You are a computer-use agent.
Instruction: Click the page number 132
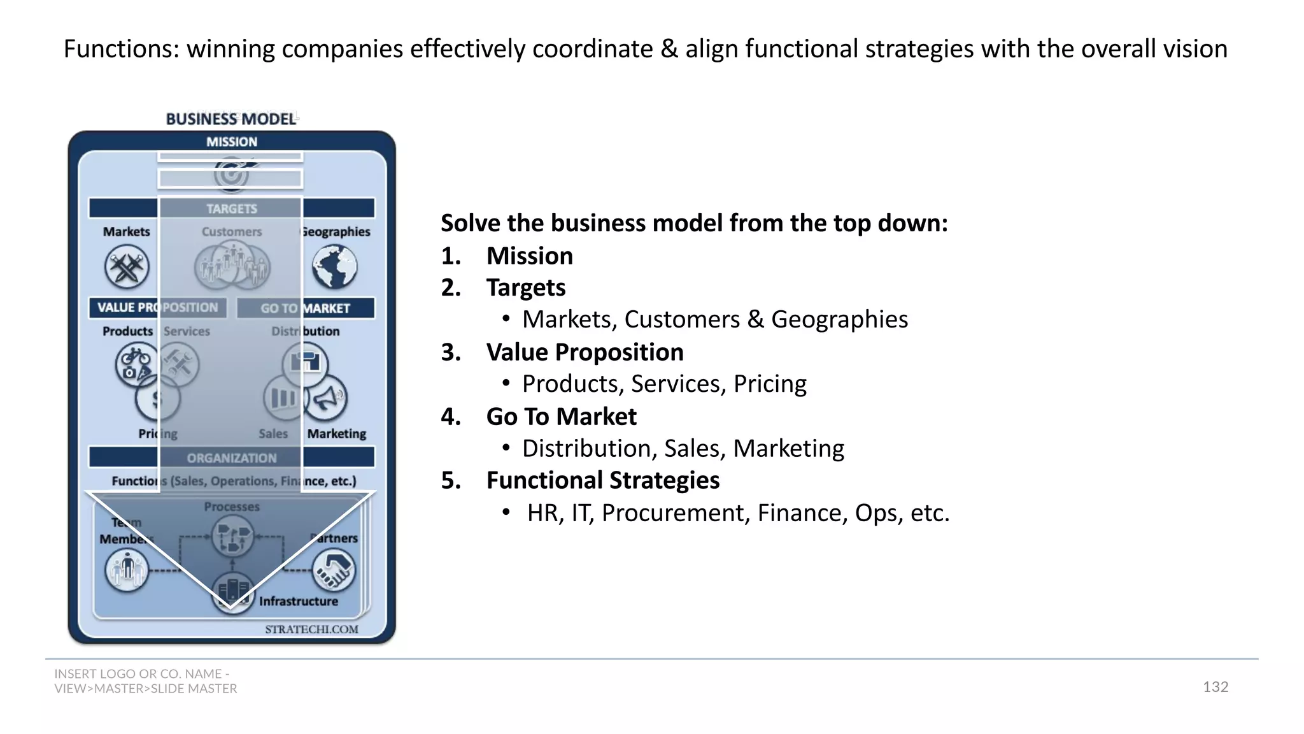coord(1215,687)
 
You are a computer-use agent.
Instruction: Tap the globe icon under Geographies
coord(334,266)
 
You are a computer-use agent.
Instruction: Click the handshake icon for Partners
coord(334,570)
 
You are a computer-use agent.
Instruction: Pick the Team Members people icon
coord(127,569)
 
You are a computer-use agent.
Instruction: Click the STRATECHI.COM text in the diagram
coord(311,630)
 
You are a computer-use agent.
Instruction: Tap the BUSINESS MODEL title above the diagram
coord(231,119)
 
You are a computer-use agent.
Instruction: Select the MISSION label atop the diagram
coord(232,141)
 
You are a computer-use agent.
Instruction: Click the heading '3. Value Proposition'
coord(562,352)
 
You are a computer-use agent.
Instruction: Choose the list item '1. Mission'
coord(507,256)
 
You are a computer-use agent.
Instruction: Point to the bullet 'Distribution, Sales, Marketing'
coord(683,449)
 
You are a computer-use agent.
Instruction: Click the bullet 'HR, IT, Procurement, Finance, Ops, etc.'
coord(738,513)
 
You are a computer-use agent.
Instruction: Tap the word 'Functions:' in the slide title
coord(121,49)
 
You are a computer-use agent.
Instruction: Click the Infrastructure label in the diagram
coord(298,601)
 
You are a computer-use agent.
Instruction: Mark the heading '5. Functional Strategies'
coord(580,480)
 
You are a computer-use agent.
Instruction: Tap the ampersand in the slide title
coord(669,49)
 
